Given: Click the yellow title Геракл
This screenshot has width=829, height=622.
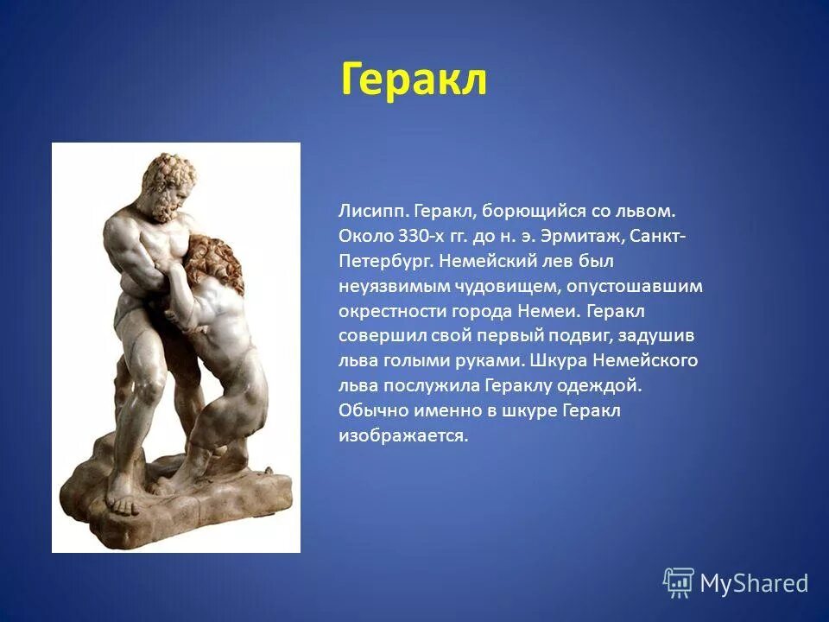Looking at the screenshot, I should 414,79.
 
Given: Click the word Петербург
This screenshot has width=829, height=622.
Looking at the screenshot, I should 385,260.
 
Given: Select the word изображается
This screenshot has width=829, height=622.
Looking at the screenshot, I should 402,436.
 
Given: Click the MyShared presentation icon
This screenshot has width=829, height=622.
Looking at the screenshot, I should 678,584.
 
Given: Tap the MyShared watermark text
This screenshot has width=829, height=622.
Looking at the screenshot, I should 754,584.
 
